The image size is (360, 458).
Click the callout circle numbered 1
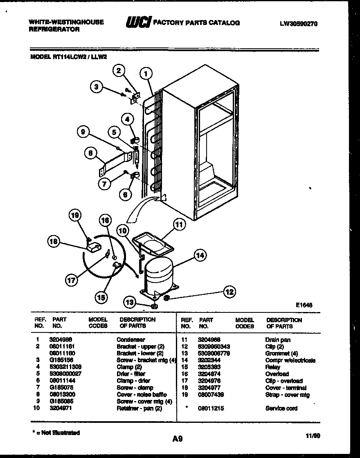tap(146, 74)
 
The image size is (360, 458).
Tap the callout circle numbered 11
tap(178, 224)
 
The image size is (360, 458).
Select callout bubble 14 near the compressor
tap(200, 256)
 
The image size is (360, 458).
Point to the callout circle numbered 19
tap(75, 215)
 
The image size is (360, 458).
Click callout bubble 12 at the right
tap(229, 292)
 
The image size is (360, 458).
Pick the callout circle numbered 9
tap(83, 132)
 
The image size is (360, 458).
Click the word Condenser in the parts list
tap(130, 340)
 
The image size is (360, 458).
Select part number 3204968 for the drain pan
tap(209, 340)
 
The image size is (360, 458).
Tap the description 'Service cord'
tap(281, 408)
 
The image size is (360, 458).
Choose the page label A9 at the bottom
tap(177, 439)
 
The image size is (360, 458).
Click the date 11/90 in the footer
tap(313, 436)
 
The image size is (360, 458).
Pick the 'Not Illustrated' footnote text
tap(57, 433)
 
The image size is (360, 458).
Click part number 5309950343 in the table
tap(214, 347)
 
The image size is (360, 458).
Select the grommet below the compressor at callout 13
tap(154, 306)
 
